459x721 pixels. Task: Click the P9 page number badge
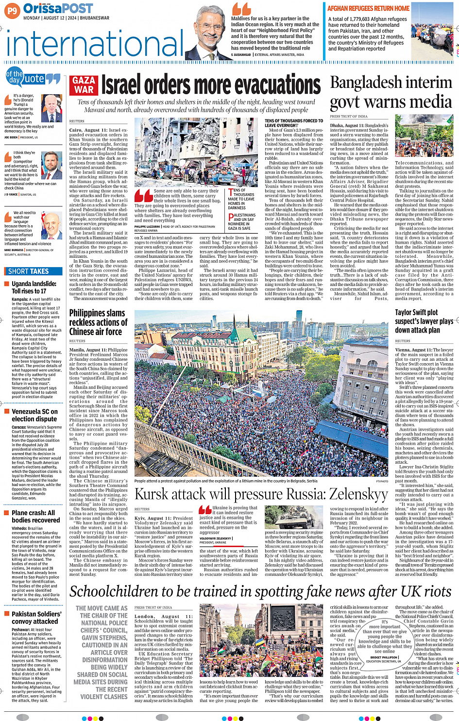(13, 10)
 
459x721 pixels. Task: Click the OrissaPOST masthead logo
(58, 8)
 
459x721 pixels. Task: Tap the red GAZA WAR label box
(84, 84)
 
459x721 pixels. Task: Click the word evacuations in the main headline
(261, 85)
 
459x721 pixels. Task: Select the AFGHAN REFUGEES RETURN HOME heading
(368, 8)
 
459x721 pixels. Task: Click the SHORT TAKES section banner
(29, 271)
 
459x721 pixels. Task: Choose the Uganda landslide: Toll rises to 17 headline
(34, 287)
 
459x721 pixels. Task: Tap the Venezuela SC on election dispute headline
(34, 415)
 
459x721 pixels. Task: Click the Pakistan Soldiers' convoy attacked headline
(36, 618)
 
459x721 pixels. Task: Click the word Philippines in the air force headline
(90, 313)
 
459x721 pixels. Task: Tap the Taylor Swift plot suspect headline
(424, 321)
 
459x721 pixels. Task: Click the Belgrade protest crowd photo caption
(226, 481)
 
